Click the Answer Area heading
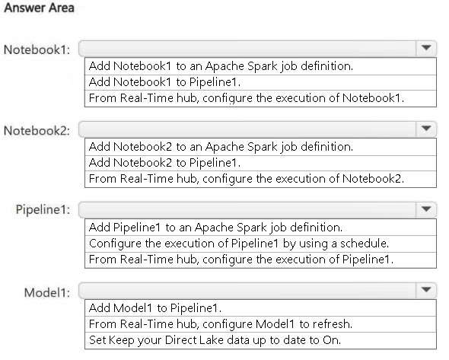click(40, 8)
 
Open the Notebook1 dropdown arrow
click(426, 48)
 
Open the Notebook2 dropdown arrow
click(426, 129)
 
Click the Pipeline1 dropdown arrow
click(426, 209)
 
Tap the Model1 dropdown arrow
click(426, 290)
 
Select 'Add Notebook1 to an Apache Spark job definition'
click(221, 66)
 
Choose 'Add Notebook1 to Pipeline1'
click(164, 82)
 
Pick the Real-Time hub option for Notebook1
click(247, 98)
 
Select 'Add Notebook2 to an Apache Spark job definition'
click(221, 147)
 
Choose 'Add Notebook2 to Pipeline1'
click(164, 163)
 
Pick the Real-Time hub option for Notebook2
click(247, 179)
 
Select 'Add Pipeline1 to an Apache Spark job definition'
click(215, 228)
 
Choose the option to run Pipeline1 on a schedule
click(239, 244)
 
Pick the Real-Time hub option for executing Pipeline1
click(241, 260)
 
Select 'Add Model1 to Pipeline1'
click(155, 308)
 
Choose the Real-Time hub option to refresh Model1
click(221, 324)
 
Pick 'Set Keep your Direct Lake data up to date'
click(215, 340)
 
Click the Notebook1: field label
click(37, 49)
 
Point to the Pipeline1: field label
click(43, 209)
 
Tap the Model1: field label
click(47, 293)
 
